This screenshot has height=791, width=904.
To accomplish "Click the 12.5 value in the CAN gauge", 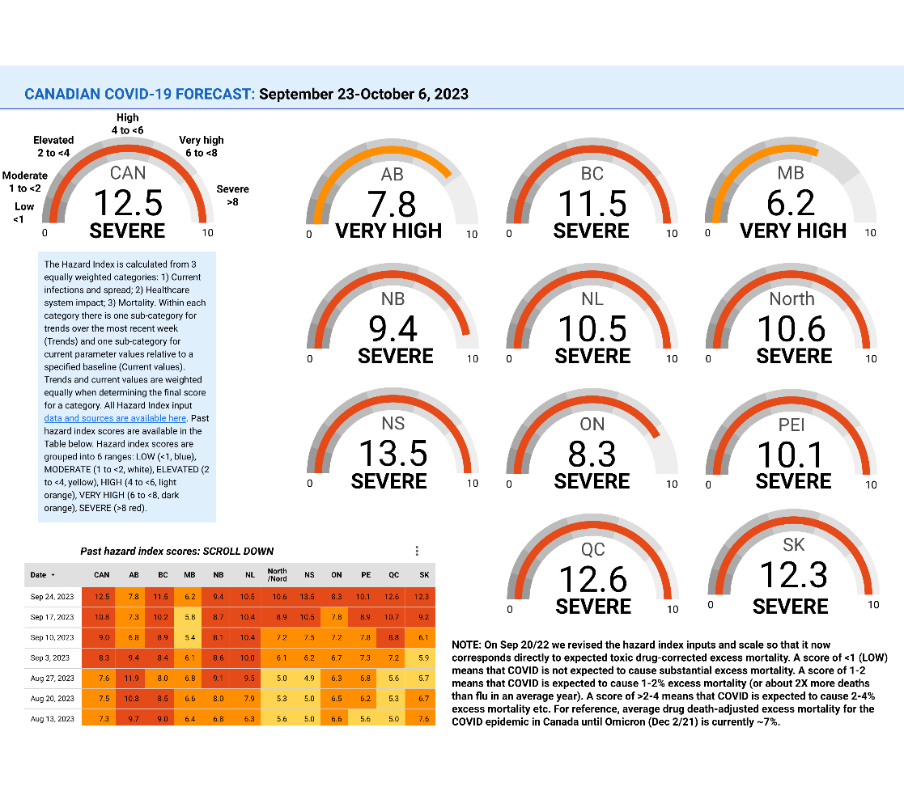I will click(x=128, y=203).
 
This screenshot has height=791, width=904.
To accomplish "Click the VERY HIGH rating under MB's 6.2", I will click(x=793, y=231).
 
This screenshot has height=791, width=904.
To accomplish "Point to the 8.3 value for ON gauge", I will click(x=592, y=455).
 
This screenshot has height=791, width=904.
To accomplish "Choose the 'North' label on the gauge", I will click(x=792, y=298).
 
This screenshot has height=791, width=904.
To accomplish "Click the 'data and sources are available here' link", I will click(x=115, y=418).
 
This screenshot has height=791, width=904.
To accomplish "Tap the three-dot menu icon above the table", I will click(x=417, y=551).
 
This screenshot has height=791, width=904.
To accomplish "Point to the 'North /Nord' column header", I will click(x=277, y=575).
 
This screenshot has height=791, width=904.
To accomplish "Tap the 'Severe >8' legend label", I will click(x=233, y=195).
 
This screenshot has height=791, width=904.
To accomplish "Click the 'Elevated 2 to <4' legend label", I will click(x=53, y=146).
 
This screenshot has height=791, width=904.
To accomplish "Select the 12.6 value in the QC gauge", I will click(x=593, y=579).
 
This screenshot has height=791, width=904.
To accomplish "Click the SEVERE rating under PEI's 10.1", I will click(x=793, y=481).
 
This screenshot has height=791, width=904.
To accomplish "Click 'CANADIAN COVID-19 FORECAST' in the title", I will click(x=139, y=94).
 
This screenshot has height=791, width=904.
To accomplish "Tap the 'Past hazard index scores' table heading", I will click(x=176, y=551).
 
